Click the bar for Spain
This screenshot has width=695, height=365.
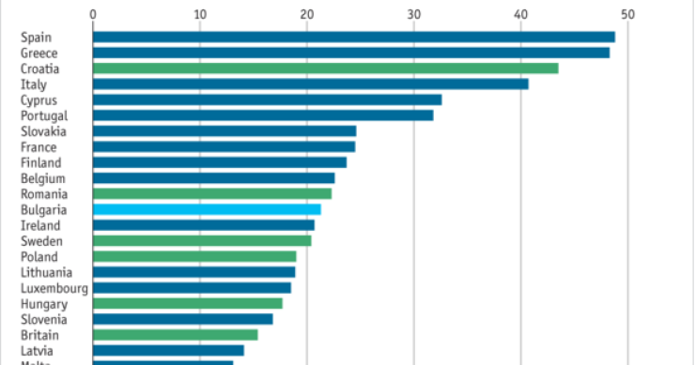tap(353, 37)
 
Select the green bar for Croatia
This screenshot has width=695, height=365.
tap(325, 68)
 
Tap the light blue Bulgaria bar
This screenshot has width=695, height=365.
tap(207, 209)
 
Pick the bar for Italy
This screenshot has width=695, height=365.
tap(310, 84)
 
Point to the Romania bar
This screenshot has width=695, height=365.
tap(211, 193)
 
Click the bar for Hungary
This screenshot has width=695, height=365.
tap(187, 303)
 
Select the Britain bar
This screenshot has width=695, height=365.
tap(175, 335)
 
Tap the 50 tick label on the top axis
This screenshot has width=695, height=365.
tap(627, 14)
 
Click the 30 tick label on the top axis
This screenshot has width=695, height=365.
tap(413, 14)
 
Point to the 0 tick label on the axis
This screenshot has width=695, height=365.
tap(93, 14)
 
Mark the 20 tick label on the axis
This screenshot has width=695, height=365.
tap(306, 14)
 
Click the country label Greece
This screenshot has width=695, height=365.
tap(39, 53)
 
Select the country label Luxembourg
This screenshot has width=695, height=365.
tap(54, 288)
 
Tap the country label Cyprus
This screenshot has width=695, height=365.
tap(39, 99)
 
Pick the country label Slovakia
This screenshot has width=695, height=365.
tap(42, 131)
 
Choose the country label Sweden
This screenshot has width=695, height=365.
tap(40, 241)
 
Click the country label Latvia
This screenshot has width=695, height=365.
tap(38, 351)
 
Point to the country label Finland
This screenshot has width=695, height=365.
tap(39, 162)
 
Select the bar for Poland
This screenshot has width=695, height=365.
tap(193, 256)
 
